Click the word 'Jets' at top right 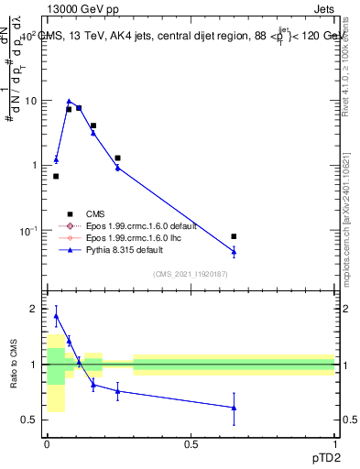click(323, 8)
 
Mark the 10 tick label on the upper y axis click(27, 101)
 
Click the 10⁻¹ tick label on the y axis click(27, 230)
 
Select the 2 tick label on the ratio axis click(33, 309)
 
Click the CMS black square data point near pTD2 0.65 click(234, 236)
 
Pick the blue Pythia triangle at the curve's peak click(69, 102)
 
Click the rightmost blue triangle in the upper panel click(234, 251)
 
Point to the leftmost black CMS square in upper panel click(56, 176)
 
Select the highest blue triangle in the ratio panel click(56, 316)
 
